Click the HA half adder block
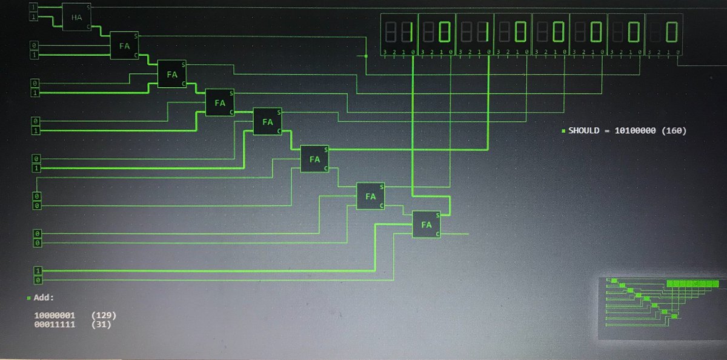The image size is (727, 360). (76, 17)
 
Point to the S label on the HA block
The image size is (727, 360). (88, 7)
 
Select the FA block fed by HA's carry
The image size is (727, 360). (124, 45)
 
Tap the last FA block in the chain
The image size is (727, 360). (427, 224)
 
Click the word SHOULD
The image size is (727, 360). (586, 130)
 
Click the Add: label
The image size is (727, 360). (44, 298)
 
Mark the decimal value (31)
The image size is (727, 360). (100, 325)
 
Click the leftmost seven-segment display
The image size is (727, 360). (399, 31)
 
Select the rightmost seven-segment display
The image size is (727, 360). (663, 31)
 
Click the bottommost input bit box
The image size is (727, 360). (38, 281)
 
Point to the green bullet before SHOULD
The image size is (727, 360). (563, 131)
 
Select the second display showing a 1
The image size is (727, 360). (474, 31)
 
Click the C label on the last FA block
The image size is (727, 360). (437, 233)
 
